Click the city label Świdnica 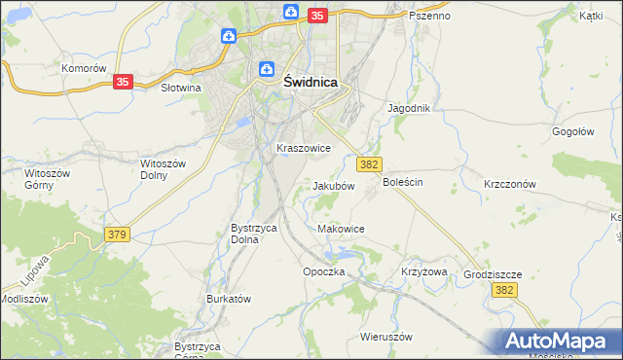click(311, 83)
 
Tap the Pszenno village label click(429, 16)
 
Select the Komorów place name click(83, 68)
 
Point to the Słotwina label click(179, 88)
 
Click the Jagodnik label click(409, 108)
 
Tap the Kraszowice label click(304, 148)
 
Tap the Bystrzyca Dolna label click(254, 233)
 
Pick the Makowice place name click(342, 229)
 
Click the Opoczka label click(324, 271)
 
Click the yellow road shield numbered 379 click(117, 234)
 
